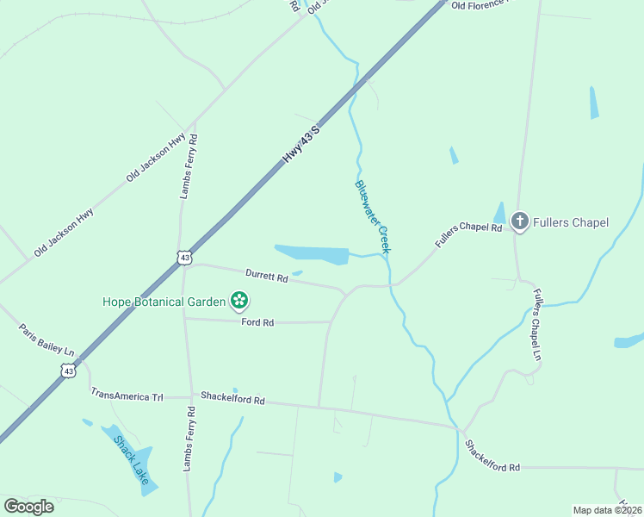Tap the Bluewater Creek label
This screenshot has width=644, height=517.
(373, 216)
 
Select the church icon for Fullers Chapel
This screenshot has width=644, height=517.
(519, 222)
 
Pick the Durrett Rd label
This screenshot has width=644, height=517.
(266, 276)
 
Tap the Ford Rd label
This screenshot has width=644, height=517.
(257, 322)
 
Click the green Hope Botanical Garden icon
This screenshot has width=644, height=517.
(239, 301)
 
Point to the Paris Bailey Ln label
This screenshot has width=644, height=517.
(46, 339)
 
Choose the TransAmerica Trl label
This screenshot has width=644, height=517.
(127, 393)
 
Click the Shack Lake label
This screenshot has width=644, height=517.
(131, 459)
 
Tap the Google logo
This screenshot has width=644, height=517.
(28, 507)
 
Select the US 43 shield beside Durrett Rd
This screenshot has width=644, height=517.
(183, 257)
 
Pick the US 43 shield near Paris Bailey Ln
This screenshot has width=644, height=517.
(69, 370)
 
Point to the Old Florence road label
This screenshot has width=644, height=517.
(480, 5)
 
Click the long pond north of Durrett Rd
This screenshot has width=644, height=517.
(312, 254)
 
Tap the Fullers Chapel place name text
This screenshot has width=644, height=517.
(571, 222)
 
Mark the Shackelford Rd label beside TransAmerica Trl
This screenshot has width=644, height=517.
(232, 399)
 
